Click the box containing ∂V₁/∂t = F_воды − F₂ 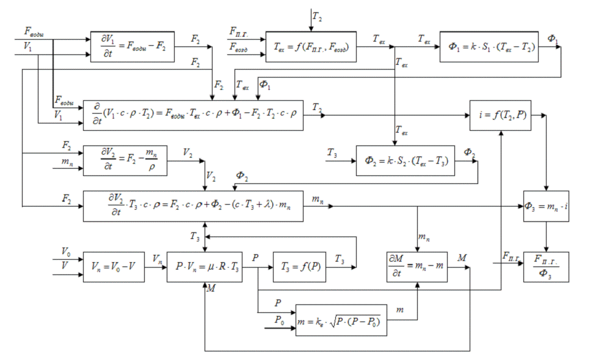[132, 46]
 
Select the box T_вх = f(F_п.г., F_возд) [311, 46]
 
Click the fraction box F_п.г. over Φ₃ [545, 266]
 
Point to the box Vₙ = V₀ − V [114, 266]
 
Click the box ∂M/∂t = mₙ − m [417, 266]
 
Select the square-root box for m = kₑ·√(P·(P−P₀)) [341, 320]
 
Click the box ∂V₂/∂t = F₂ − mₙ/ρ [125, 160]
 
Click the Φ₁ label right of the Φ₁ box [552, 39]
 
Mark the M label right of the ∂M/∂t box [462, 258]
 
